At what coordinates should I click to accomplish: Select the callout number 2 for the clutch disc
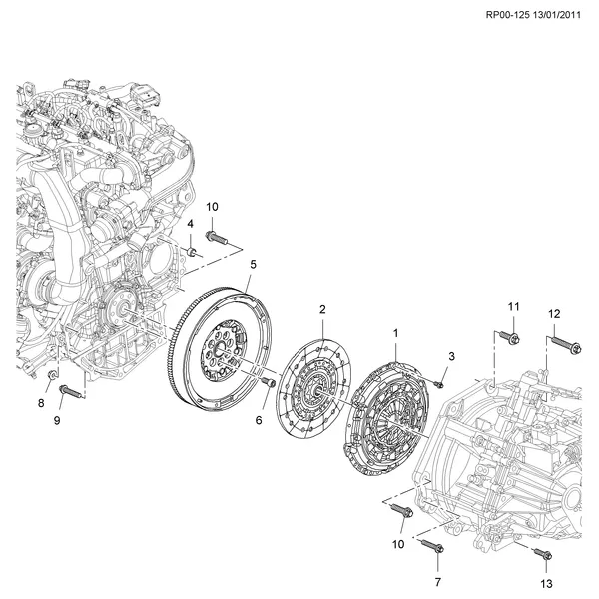[322, 310]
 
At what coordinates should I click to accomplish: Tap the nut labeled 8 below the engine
[52, 374]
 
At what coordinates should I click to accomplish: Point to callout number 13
[545, 582]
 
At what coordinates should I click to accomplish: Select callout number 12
[553, 313]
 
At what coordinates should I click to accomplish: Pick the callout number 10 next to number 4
[212, 207]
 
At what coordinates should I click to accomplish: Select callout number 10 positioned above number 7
[398, 544]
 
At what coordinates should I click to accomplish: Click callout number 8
[41, 403]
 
